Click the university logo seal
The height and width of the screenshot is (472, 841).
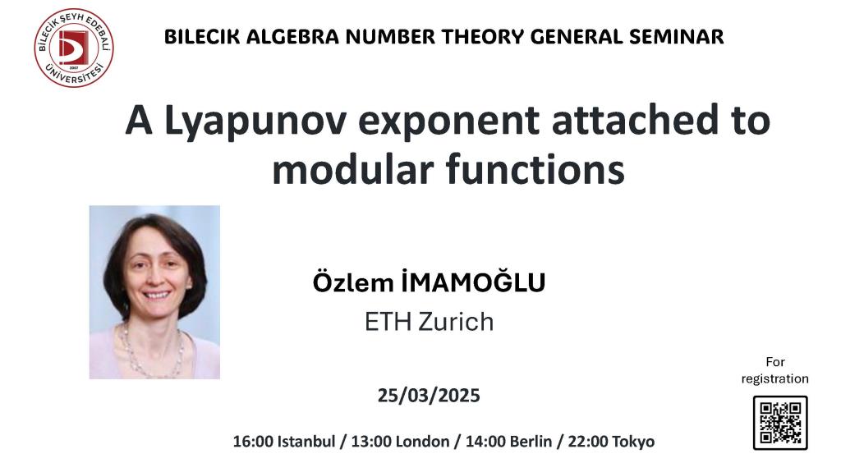(x=73, y=48)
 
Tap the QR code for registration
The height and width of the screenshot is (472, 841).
(x=780, y=423)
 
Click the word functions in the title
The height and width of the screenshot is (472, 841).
(x=535, y=169)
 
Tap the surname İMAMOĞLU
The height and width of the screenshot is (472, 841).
(x=473, y=282)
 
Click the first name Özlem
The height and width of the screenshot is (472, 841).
(x=353, y=282)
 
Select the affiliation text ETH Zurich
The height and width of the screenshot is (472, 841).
(x=429, y=322)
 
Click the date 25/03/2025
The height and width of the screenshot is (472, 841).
(x=429, y=396)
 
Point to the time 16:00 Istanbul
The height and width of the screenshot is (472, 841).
(x=283, y=442)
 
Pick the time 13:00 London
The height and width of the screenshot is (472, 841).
(x=400, y=442)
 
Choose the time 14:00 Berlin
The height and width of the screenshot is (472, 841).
(x=508, y=442)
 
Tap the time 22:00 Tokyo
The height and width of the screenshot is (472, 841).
(x=611, y=442)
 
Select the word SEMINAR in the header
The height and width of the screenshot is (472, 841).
(x=676, y=36)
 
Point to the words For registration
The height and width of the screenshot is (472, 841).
(x=775, y=370)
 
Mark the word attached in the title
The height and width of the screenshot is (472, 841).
(x=635, y=120)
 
